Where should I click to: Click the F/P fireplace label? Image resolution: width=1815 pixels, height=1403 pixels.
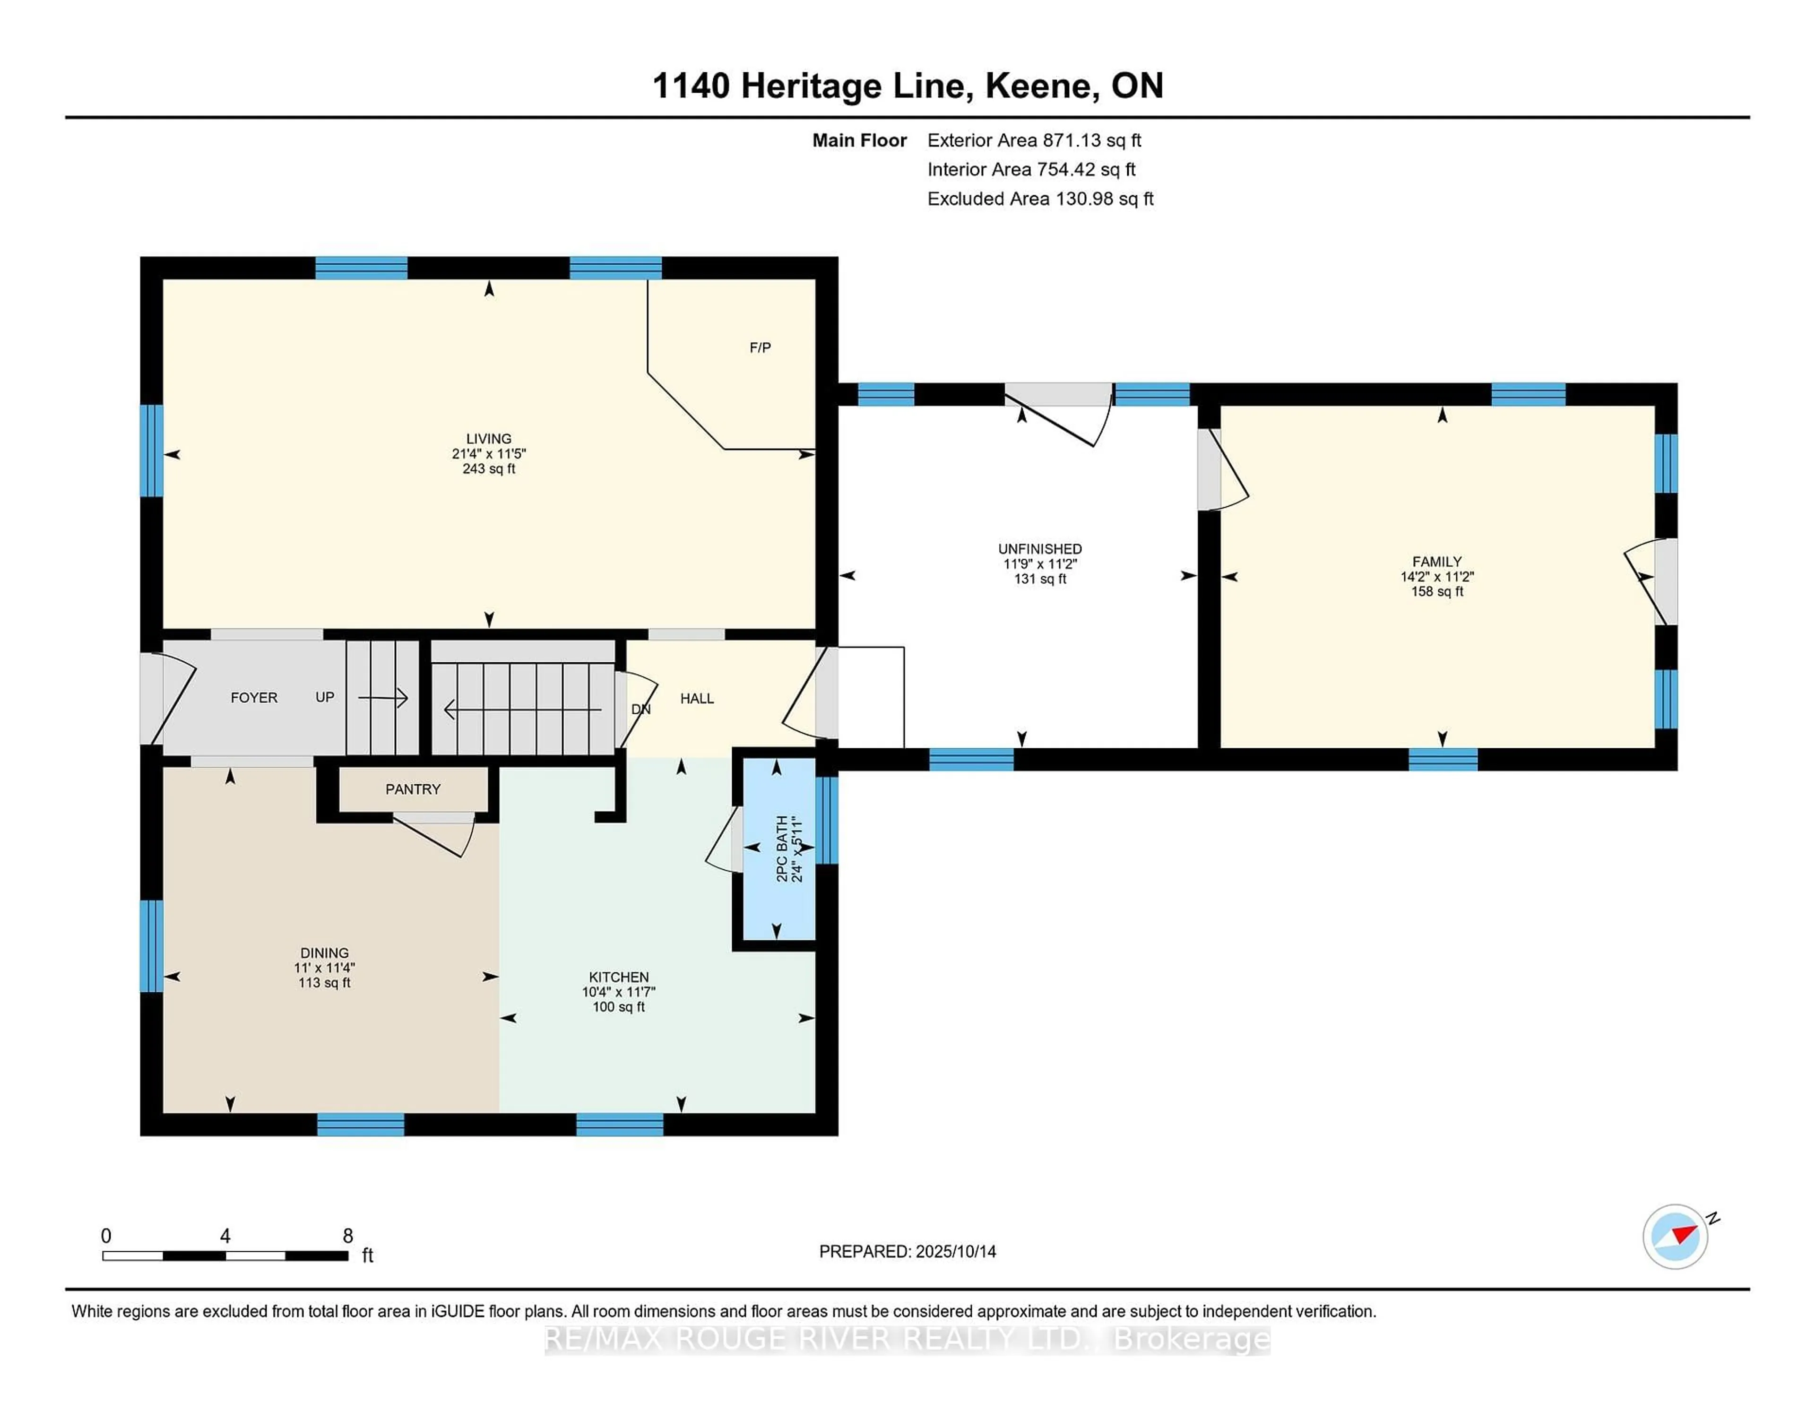[760, 347]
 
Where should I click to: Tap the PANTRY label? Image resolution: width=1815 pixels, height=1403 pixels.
[412, 789]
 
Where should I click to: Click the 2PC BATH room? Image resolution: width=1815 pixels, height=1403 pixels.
[778, 848]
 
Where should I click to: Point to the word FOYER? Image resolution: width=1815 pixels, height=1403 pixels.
[253, 697]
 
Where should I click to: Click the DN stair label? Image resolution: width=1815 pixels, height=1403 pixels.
[641, 709]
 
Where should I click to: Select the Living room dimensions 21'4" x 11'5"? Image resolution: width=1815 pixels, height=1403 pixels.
[489, 454]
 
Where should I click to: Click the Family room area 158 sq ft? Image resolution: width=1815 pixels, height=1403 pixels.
[1437, 591]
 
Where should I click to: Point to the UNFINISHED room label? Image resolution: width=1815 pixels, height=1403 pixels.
[1040, 548]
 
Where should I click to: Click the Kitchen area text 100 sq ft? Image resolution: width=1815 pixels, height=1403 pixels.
[618, 1006]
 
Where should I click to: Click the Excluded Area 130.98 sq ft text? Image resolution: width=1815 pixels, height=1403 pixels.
[1040, 199]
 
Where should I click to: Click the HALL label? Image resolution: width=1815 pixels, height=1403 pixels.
[696, 698]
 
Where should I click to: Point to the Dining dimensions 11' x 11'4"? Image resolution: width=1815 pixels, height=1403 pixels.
[324, 968]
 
